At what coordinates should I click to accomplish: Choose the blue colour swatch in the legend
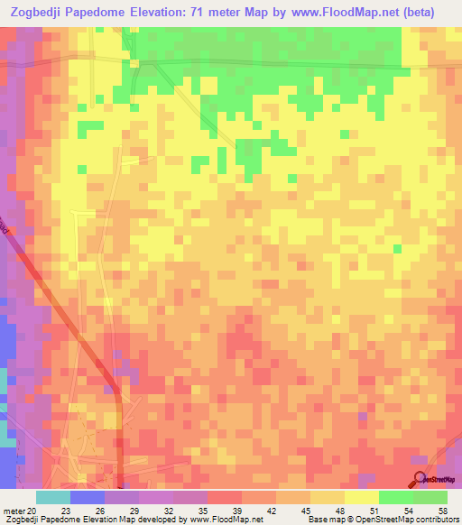pyautogui.click(x=87, y=497)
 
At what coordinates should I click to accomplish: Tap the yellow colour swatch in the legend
pyautogui.click(x=361, y=497)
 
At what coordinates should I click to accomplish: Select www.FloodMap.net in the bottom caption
pyautogui.click(x=227, y=520)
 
